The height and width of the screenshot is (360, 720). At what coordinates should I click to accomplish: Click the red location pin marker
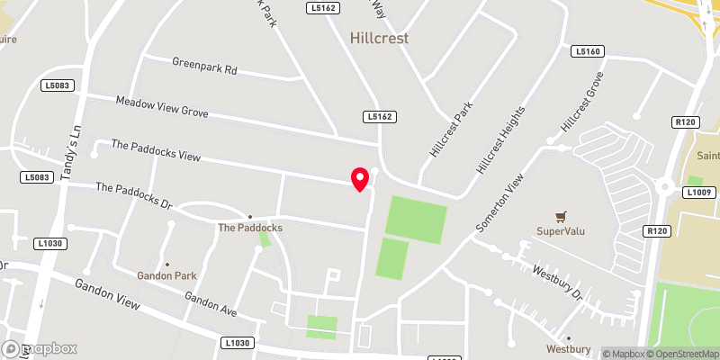360,179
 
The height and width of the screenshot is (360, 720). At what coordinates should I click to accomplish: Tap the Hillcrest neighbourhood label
379,39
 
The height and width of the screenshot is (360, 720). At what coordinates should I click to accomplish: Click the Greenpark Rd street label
204,67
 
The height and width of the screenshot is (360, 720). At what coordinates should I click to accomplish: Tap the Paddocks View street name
155,150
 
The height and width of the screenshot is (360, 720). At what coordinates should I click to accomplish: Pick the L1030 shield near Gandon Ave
237,343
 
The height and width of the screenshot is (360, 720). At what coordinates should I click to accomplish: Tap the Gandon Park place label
166,274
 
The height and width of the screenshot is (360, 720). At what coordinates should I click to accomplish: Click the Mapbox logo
40,348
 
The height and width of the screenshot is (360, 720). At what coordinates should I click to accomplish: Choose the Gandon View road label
108,292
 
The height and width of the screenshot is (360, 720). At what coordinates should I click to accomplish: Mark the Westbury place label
568,348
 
